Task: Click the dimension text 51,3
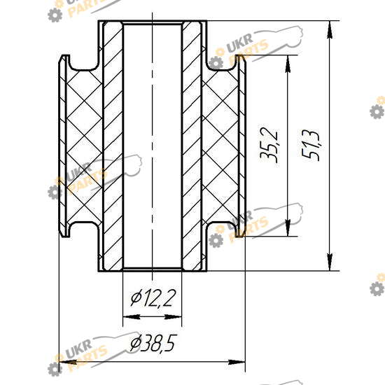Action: pos(311,145)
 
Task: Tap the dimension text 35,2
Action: pos(269,145)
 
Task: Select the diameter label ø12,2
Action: pos(153,298)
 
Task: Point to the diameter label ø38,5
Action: pos(153,343)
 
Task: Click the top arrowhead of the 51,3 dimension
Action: pos(330,29)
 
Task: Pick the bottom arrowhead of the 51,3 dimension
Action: pos(330,262)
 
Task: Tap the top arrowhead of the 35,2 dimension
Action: pos(288,64)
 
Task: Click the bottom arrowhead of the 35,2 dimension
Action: pos(288,228)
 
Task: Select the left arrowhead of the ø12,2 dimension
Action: pos(132,316)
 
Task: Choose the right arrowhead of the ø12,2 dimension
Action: pos(173,316)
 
